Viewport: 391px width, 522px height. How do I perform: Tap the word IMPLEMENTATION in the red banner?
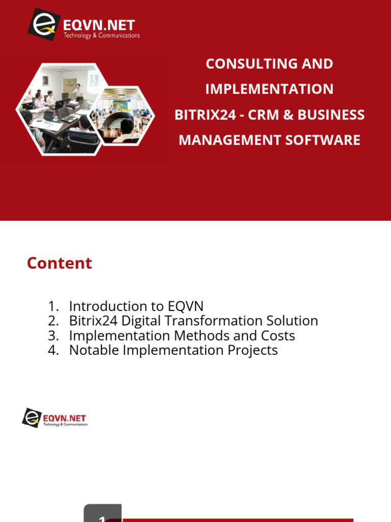point(269,89)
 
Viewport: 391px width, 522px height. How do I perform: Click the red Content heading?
point(60,263)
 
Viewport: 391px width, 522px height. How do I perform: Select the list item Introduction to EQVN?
point(136,306)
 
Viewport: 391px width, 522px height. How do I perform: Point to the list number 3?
point(53,335)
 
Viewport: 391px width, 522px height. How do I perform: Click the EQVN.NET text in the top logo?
point(99,25)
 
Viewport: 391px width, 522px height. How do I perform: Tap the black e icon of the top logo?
point(44,24)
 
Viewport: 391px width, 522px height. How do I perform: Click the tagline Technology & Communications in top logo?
point(101,36)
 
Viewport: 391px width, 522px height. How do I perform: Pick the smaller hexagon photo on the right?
point(124,116)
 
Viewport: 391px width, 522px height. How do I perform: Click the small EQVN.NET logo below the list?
point(54,418)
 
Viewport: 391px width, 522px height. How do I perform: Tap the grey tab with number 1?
point(102,514)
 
